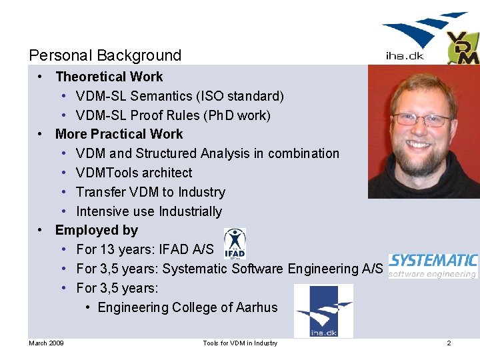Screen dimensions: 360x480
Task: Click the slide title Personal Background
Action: [x=105, y=55]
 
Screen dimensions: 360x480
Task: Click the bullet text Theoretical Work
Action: [x=109, y=77]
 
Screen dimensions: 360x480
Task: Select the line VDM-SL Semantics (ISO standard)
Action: [x=179, y=96]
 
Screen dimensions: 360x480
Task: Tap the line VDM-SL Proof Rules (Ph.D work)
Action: [x=173, y=115]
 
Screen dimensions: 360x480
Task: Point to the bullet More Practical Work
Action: [x=119, y=134]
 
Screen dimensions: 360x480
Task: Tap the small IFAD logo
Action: [x=235, y=243]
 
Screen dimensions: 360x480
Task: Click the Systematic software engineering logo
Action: [x=433, y=265]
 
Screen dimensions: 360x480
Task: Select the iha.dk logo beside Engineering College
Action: [x=323, y=311]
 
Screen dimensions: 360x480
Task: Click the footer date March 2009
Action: [x=46, y=343]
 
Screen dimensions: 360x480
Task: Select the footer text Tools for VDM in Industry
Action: [x=240, y=343]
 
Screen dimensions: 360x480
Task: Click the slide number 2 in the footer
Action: [x=449, y=343]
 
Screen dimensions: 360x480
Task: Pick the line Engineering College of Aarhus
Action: [x=187, y=307]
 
